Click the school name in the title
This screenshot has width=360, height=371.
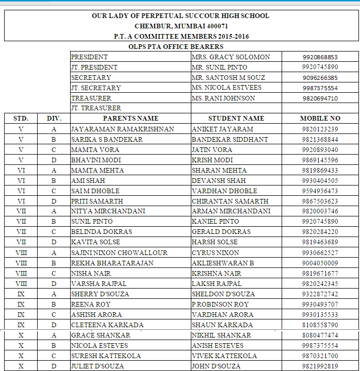[180, 16]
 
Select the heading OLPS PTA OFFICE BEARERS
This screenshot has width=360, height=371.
[176, 46]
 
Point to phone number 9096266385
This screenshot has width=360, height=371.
[320, 78]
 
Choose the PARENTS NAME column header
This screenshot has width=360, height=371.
[130, 119]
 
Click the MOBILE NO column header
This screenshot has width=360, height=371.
[320, 119]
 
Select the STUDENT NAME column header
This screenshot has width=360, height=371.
[236, 119]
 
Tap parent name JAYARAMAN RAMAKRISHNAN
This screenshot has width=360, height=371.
[122, 129]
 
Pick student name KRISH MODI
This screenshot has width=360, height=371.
[212, 160]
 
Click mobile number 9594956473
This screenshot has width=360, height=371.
[320, 191]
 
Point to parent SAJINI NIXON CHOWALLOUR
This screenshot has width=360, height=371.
[119, 252]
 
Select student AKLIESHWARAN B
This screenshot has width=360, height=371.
[223, 263]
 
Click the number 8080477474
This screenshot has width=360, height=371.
[320, 335]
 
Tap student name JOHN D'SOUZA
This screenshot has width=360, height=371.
[216, 366]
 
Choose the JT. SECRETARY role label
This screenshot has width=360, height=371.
[96, 88]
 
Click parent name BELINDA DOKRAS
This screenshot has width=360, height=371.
[102, 232]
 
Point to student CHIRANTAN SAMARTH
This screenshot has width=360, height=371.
[230, 201]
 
